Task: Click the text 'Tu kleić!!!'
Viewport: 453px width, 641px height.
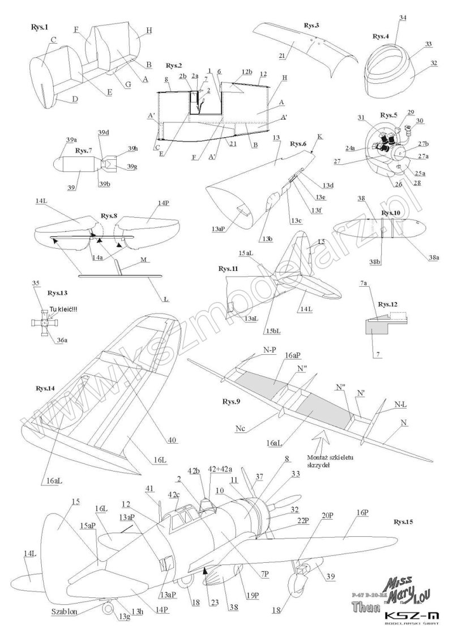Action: [x=62, y=308]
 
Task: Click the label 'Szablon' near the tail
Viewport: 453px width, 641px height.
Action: [x=62, y=611]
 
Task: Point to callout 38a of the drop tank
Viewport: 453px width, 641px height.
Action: [x=434, y=257]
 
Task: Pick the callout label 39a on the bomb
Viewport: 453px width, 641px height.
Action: [x=71, y=139]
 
